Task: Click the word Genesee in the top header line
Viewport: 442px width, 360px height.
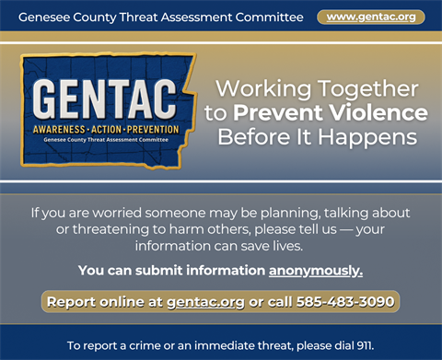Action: tap(45, 17)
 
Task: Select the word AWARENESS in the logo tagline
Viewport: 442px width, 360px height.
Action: tap(59, 129)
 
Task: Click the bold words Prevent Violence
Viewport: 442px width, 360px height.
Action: tap(330, 112)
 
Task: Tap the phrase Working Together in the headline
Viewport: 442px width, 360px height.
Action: tap(316, 89)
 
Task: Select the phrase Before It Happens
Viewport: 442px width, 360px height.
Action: tap(316, 136)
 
